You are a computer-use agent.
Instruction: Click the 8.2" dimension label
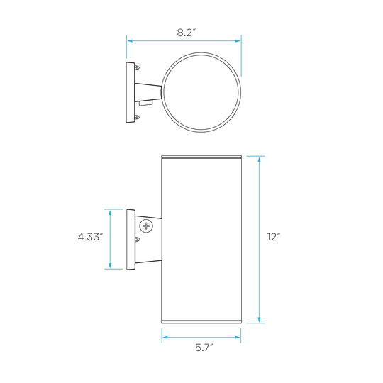187,33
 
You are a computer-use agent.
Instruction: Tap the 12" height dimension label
273,237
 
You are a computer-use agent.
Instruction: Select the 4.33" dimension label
90,237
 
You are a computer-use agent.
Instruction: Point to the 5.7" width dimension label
204,348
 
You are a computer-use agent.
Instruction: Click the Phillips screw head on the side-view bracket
146,226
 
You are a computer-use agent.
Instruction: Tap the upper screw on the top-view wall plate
138,67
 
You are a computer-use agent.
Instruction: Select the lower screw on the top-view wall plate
138,118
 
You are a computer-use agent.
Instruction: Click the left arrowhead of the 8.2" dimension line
130,41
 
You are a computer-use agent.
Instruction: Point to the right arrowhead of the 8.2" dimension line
238,41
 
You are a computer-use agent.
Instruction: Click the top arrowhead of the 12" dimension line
259,160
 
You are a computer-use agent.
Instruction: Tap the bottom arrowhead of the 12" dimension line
259,320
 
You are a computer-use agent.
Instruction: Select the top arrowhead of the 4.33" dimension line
110,213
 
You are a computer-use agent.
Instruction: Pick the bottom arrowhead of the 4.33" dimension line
110,266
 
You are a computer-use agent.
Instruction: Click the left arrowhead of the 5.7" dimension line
165,338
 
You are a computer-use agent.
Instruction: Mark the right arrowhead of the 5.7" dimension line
238,338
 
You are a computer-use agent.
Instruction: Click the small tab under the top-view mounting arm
145,103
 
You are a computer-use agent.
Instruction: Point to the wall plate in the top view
131,93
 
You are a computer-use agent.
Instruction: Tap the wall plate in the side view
131,240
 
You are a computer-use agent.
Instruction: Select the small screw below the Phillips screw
138,240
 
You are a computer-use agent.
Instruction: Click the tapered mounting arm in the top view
148,93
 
